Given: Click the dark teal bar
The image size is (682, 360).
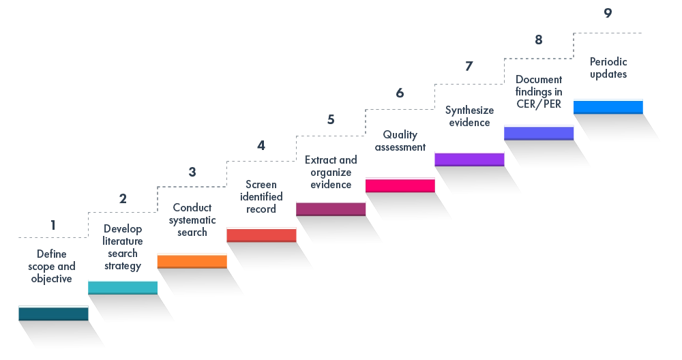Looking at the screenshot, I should (53, 314).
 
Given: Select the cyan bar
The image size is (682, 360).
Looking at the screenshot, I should (123, 287).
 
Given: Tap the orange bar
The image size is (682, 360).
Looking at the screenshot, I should (192, 261).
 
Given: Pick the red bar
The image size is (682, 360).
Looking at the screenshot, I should (262, 235).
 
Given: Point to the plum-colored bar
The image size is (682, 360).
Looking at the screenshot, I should (331, 209).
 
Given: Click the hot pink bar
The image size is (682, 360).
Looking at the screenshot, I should (401, 185).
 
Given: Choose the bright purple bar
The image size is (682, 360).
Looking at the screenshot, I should (469, 159).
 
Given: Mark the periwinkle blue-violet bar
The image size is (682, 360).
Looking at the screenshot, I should (539, 133).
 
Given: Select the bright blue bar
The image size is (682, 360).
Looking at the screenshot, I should (608, 106).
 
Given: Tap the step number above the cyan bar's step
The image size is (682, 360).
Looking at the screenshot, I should (122, 199).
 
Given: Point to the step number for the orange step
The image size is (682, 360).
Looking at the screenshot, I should (191, 172).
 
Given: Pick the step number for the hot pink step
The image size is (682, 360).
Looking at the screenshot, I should (398, 93).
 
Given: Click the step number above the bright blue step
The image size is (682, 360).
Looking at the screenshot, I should (607, 12).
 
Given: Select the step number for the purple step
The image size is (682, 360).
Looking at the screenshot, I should (469, 65).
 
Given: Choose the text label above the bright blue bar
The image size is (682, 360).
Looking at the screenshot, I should (608, 68).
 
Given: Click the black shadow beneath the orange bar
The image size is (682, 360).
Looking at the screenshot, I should (205, 284).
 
